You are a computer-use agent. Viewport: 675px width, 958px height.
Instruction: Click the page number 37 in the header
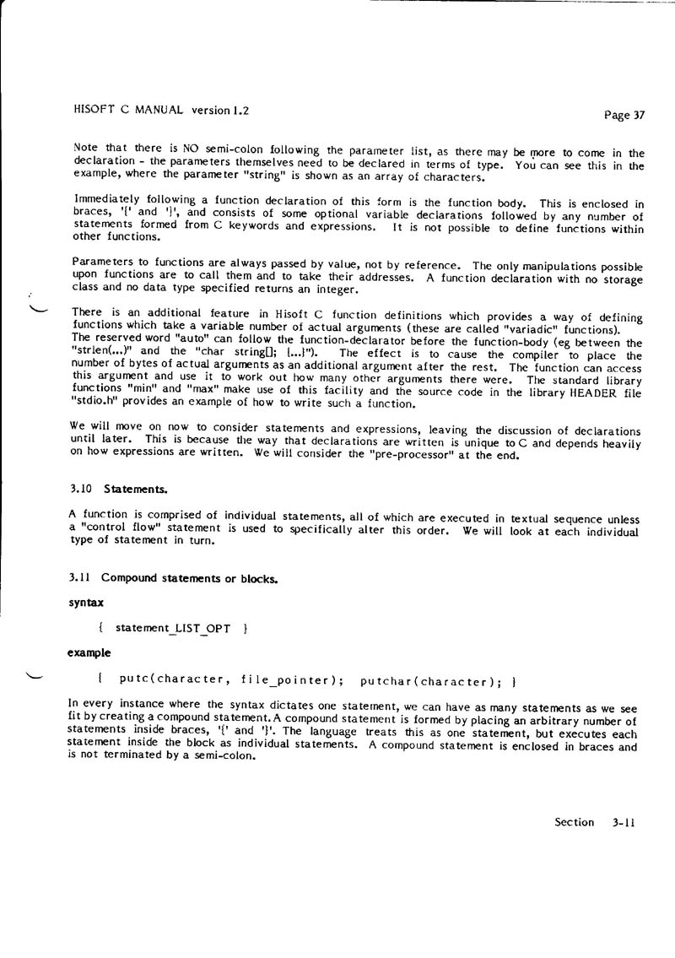click(x=637, y=116)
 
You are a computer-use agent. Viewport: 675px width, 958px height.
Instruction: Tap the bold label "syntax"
click(x=86, y=603)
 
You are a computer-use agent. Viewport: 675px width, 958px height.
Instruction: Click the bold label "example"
click(x=89, y=653)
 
